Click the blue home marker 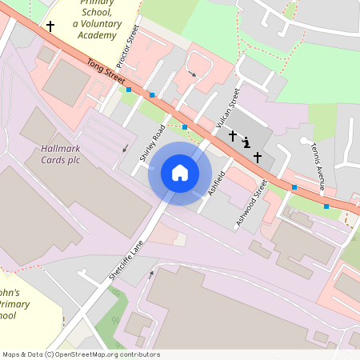[x=180, y=173]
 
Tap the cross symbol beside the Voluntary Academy [x=50, y=26]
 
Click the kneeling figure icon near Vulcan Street [x=246, y=143]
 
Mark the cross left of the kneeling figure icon [x=233, y=136]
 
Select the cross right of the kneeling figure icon [x=258, y=157]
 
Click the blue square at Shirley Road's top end [x=185, y=127]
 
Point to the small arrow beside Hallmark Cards [x=124, y=149]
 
